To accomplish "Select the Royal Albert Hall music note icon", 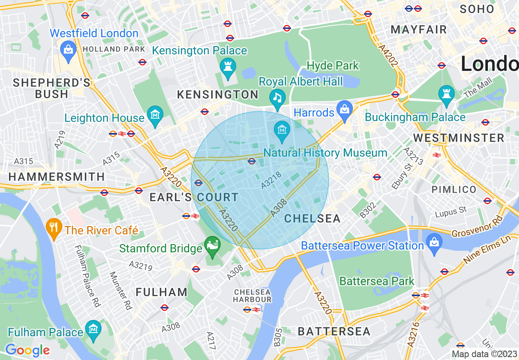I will [x=278, y=97].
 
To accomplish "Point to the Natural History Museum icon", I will [x=282, y=130].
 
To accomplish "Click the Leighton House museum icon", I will [x=155, y=114].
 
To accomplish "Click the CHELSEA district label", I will [x=312, y=218].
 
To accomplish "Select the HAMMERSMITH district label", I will [x=56, y=177].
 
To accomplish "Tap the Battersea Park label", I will [x=377, y=281].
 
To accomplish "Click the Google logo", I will [x=27, y=350].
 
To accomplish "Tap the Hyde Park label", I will [x=332, y=65].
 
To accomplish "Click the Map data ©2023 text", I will [x=485, y=354].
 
